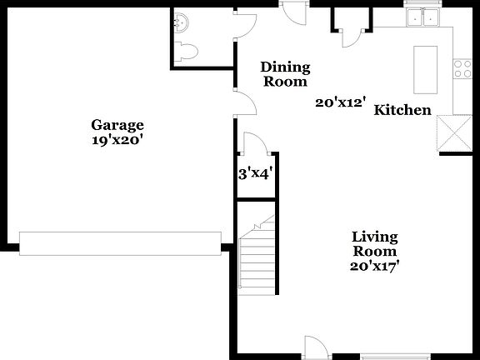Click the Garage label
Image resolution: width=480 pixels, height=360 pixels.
click(117, 126)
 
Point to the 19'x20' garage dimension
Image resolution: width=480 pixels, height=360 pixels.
click(117, 141)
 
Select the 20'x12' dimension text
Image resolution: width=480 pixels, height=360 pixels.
click(341, 103)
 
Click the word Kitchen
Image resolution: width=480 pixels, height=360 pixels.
click(402, 110)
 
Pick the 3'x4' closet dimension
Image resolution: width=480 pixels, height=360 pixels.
click(256, 174)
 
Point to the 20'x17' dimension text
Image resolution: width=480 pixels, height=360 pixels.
click(374, 266)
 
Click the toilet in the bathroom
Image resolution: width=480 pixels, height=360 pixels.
click(187, 51)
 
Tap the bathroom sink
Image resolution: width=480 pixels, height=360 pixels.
click(182, 22)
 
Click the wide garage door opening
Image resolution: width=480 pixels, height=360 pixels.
click(121, 242)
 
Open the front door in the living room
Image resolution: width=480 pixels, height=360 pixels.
click(314, 347)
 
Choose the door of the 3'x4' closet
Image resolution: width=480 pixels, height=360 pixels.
click(252, 143)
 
